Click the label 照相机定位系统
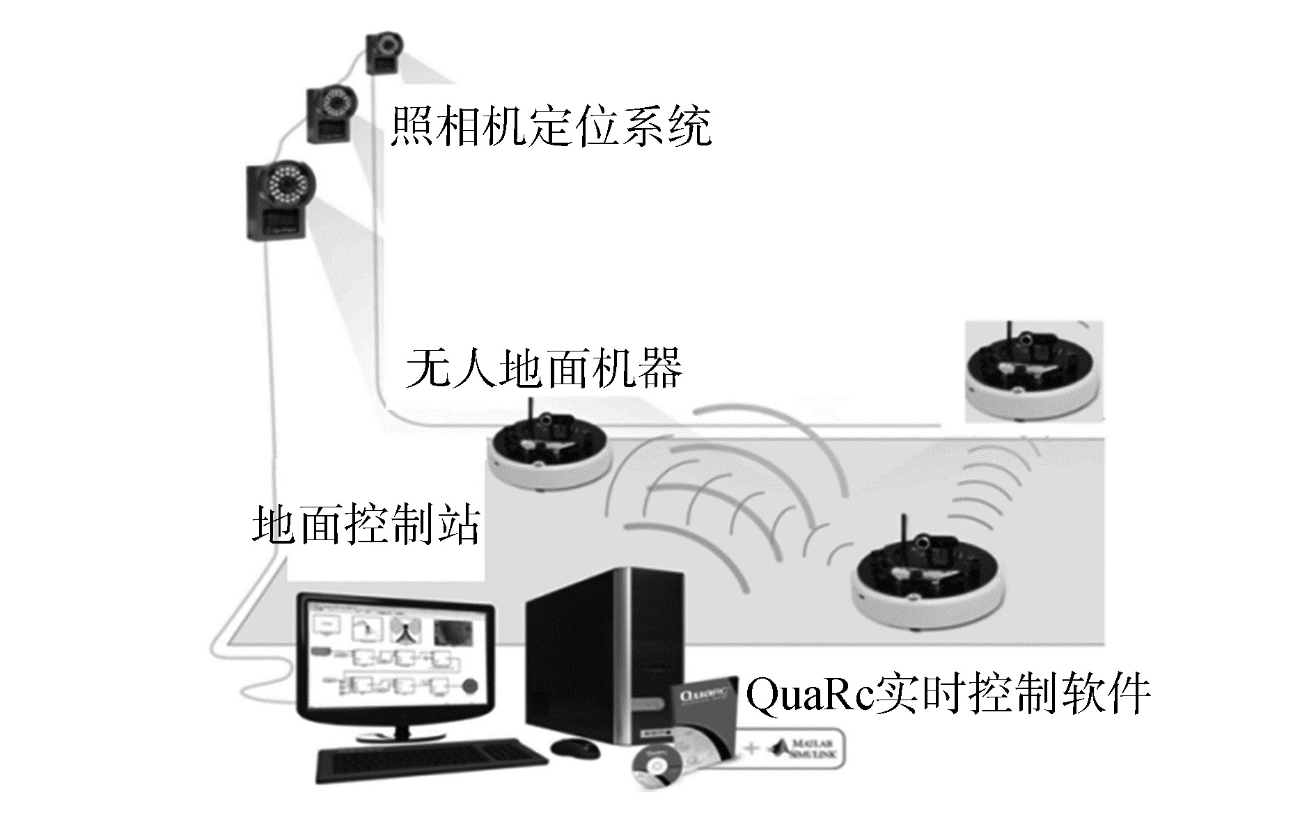550,126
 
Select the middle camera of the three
333,113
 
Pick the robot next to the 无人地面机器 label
549,450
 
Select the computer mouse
574,749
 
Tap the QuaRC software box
703,717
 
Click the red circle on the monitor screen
470,686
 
